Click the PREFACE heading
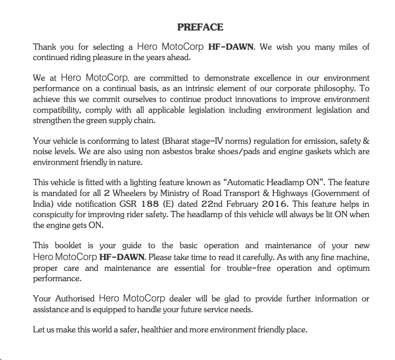(200, 27)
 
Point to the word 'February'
(242, 204)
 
